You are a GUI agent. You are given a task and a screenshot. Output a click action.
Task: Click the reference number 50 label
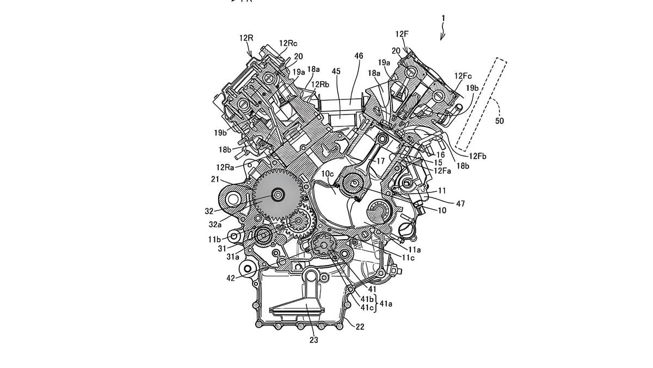click(500, 120)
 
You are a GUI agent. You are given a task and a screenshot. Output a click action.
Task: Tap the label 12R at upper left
click(247, 38)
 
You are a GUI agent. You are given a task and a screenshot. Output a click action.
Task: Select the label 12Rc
click(288, 43)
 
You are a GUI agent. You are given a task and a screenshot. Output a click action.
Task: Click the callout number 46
click(359, 56)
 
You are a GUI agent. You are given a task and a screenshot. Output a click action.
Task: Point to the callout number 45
click(336, 71)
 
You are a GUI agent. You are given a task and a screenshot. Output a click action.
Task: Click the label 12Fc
click(463, 76)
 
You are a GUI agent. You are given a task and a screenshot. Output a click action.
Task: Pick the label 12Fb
click(478, 156)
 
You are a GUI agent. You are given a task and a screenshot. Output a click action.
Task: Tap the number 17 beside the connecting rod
click(381, 161)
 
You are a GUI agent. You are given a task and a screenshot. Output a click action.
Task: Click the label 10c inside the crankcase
click(328, 174)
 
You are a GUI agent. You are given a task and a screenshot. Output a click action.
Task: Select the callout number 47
click(460, 203)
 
